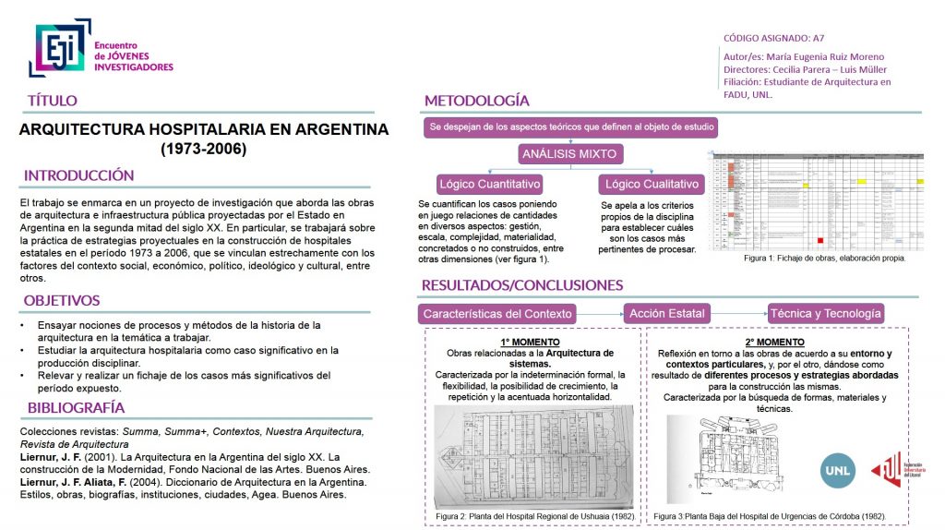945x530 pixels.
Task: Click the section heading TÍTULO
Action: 53,101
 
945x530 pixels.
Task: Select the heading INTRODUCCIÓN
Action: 79,175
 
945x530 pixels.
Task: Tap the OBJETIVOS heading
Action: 62,300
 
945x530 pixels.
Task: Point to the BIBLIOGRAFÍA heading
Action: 76,407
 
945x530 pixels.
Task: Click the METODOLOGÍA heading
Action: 476,101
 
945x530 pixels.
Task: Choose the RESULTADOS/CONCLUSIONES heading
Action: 522,284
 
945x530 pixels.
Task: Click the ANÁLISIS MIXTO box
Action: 569,153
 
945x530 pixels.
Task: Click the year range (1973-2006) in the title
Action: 204,148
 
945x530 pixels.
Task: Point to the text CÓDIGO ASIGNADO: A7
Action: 773,38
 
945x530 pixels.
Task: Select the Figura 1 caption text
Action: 824,259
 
